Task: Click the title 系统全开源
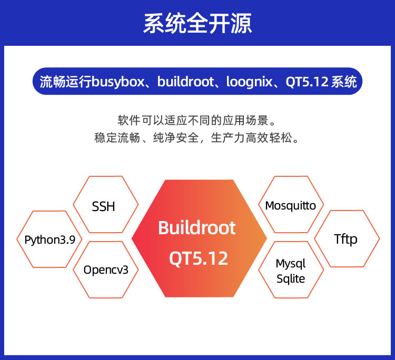pos(197,23)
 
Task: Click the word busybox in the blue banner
pos(118,82)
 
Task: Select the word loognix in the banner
pos(250,82)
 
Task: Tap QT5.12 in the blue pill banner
pos(307,82)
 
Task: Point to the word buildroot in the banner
pos(186,82)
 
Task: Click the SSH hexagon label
pos(103,206)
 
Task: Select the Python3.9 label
pos(50,239)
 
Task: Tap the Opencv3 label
pos(106,270)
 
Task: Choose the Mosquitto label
pos(290,206)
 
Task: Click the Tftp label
pos(345,239)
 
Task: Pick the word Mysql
pos(290,264)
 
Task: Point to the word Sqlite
pos(291,279)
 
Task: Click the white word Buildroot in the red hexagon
pos(197,228)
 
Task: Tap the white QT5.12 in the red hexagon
pos(199,258)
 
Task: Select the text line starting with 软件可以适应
pos(197,121)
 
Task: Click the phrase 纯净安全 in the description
pos(176,138)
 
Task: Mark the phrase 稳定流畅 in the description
pos(117,138)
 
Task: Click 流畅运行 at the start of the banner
pos(65,82)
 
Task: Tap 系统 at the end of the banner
pos(344,82)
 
